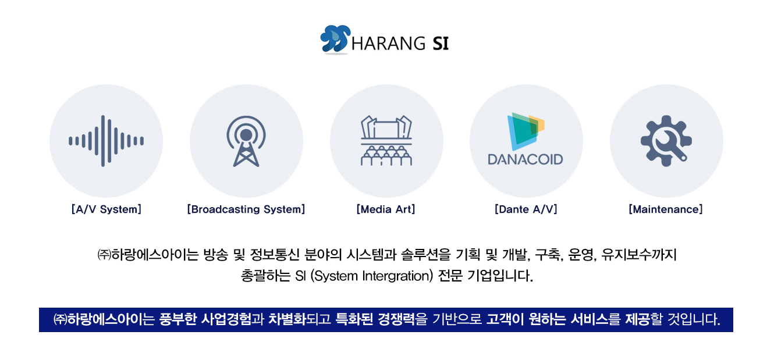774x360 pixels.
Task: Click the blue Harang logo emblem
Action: point(335,40)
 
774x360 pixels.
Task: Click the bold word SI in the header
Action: point(441,44)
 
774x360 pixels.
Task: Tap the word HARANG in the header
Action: point(388,44)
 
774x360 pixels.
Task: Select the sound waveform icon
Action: point(106,141)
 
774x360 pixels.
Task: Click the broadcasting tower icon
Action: point(246,141)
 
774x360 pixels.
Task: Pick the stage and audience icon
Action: point(386,141)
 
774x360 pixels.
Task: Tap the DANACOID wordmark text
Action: point(525,159)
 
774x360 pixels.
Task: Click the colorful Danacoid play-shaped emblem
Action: point(525,131)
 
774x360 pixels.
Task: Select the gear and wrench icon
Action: point(666,141)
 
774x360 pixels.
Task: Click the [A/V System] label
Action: point(106,209)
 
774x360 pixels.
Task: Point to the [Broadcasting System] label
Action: point(246,209)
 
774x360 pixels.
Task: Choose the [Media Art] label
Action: point(386,209)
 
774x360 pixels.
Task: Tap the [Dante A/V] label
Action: point(526,209)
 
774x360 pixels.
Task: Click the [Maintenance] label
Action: point(666,209)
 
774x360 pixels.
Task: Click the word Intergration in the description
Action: point(397,276)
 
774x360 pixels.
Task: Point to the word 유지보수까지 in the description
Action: point(639,255)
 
